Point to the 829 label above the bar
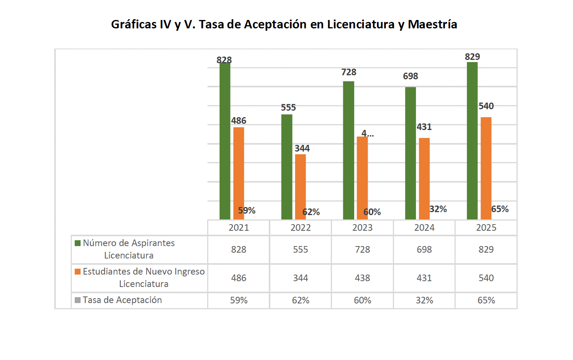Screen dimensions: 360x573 tap(472, 57)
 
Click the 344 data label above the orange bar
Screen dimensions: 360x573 tap(302, 148)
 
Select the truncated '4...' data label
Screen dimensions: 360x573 tap(367, 133)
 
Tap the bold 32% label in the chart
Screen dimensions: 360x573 tap(438, 209)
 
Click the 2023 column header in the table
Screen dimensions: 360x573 tap(362, 228)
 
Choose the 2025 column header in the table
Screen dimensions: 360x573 tap(486, 228)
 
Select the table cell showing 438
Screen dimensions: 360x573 tap(362, 278)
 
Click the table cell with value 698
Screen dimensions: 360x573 tap(424, 250)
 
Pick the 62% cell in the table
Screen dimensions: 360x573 tap(300, 300)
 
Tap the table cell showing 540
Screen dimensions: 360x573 tap(486, 278)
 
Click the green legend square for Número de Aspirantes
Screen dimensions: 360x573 tap(78, 243)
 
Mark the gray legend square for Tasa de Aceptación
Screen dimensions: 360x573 tap(78, 300)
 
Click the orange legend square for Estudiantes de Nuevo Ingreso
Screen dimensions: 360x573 tap(78, 272)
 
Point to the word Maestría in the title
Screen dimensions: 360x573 tap(432, 24)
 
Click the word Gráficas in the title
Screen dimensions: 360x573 tap(134, 24)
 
